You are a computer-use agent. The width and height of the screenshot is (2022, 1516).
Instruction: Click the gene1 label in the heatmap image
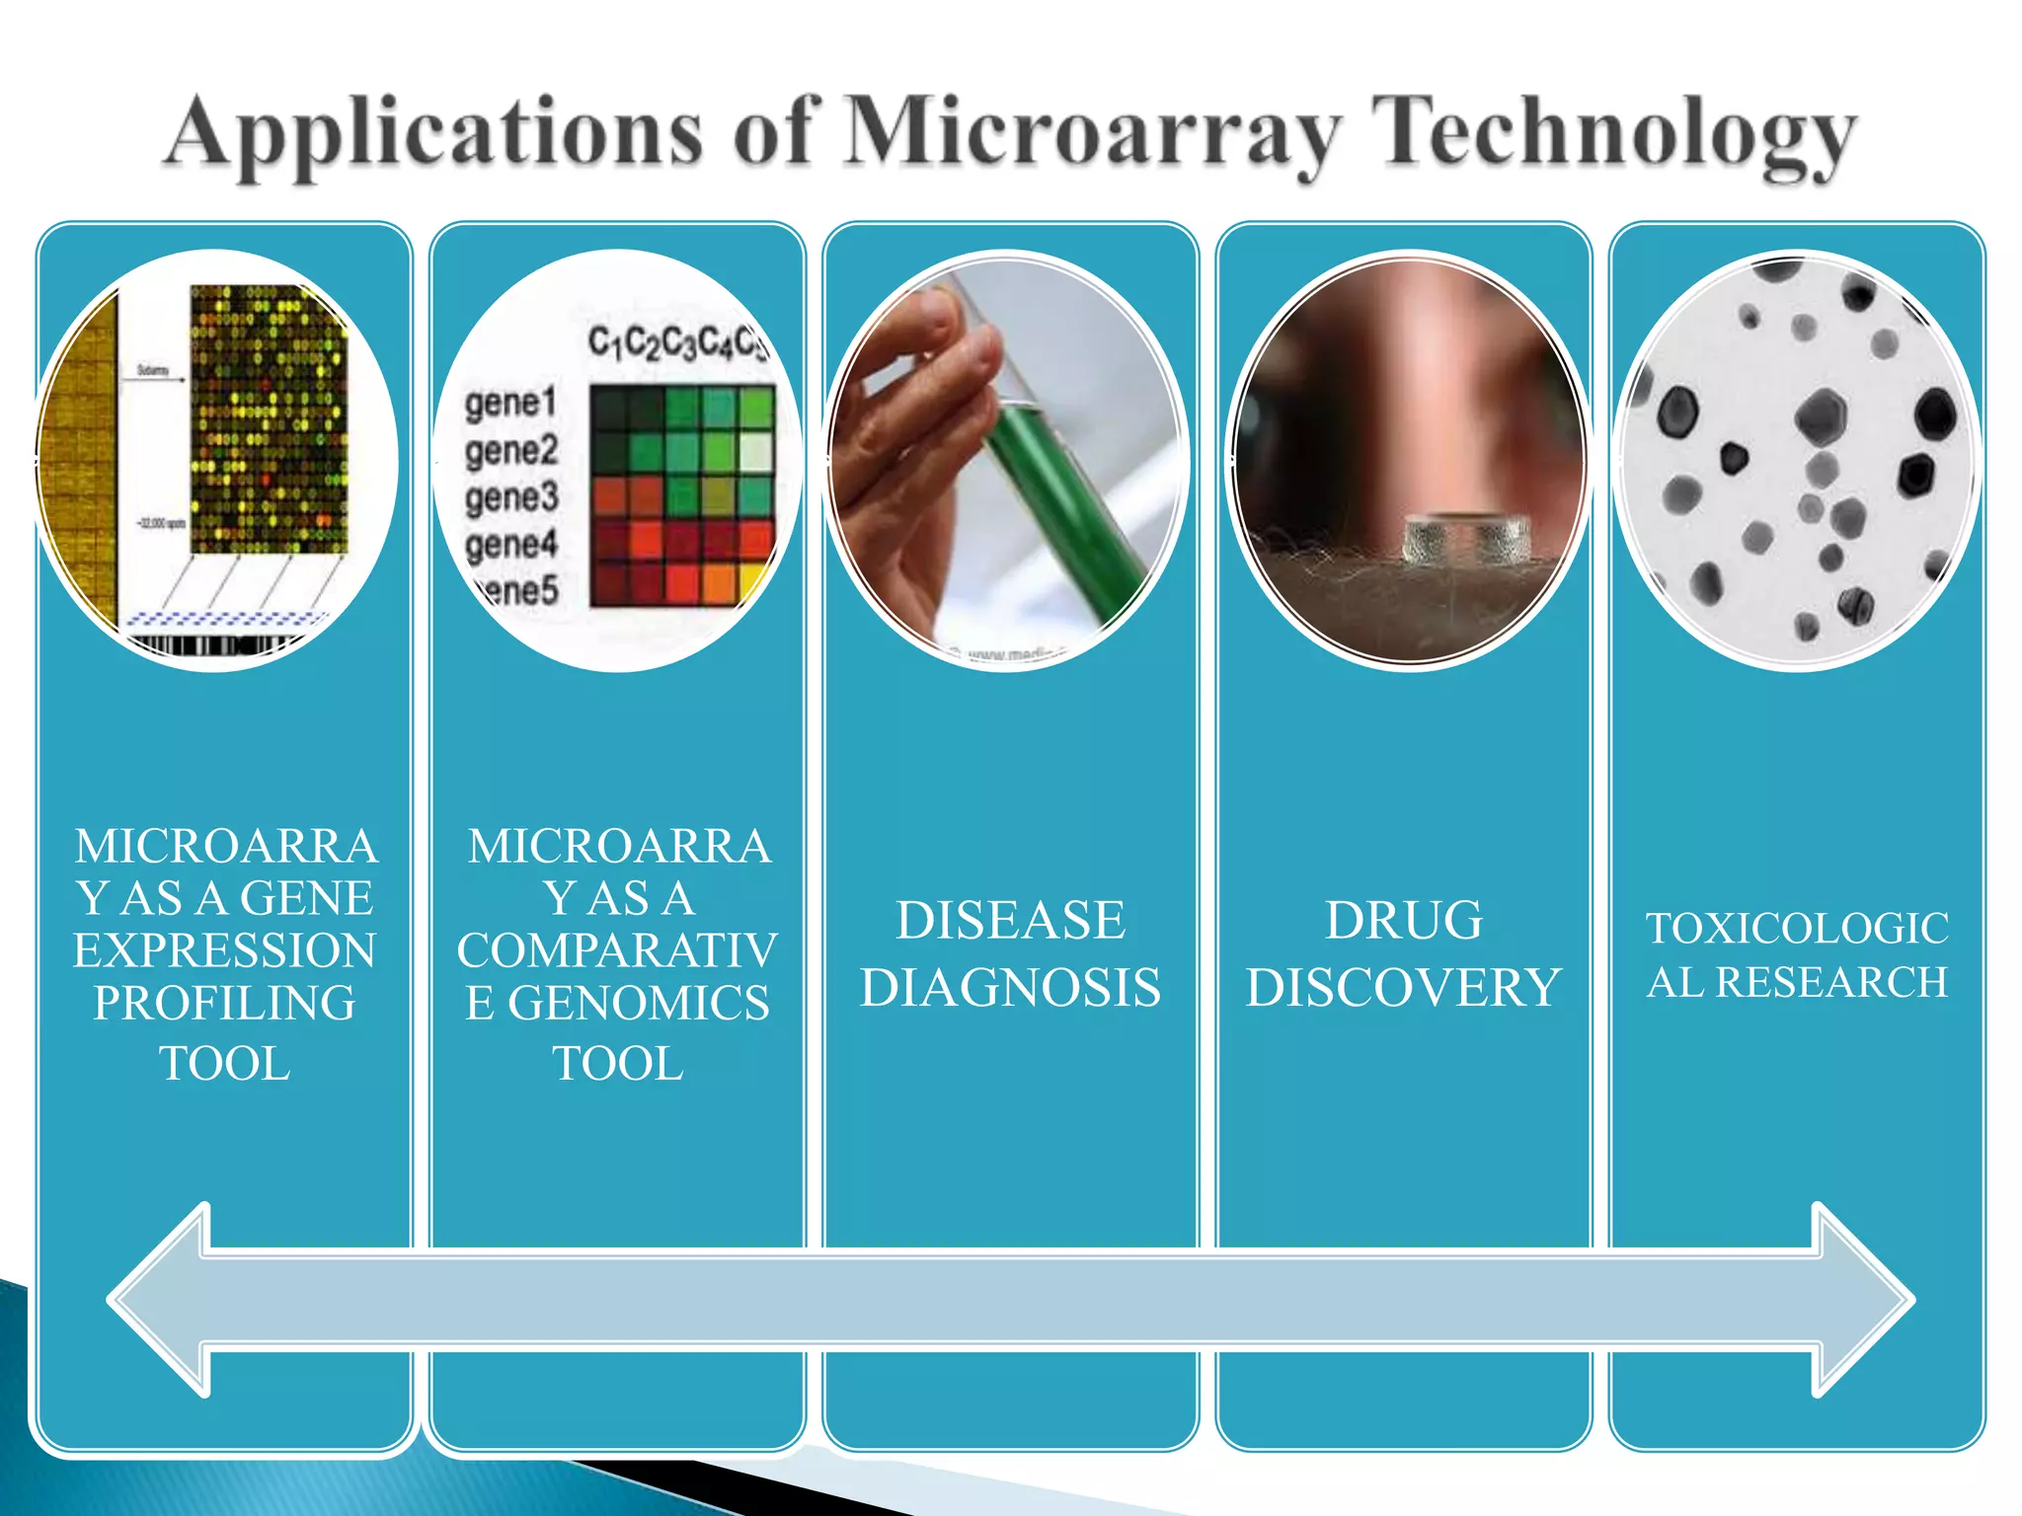coord(510,404)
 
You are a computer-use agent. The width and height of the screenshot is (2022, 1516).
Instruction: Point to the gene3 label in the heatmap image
coord(511,497)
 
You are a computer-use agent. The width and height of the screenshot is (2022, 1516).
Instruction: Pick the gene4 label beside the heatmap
coord(511,544)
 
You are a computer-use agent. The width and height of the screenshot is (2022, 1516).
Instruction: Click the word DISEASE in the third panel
coord(1010,921)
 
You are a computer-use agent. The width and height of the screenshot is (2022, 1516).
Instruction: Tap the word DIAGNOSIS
coord(1010,988)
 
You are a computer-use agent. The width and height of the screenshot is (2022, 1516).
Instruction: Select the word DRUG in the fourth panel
coord(1403,921)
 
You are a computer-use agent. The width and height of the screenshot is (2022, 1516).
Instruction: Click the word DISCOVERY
coord(1403,988)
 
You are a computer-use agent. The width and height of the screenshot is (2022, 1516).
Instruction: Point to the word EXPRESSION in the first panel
coord(225,950)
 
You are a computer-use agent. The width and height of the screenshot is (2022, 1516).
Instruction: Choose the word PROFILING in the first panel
coord(225,1004)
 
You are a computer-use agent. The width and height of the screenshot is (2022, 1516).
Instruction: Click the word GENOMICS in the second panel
coord(638,1004)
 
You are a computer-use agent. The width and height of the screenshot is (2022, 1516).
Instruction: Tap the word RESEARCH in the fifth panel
coord(1831,982)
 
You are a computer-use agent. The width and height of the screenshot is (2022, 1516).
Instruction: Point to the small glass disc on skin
coord(1466,539)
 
